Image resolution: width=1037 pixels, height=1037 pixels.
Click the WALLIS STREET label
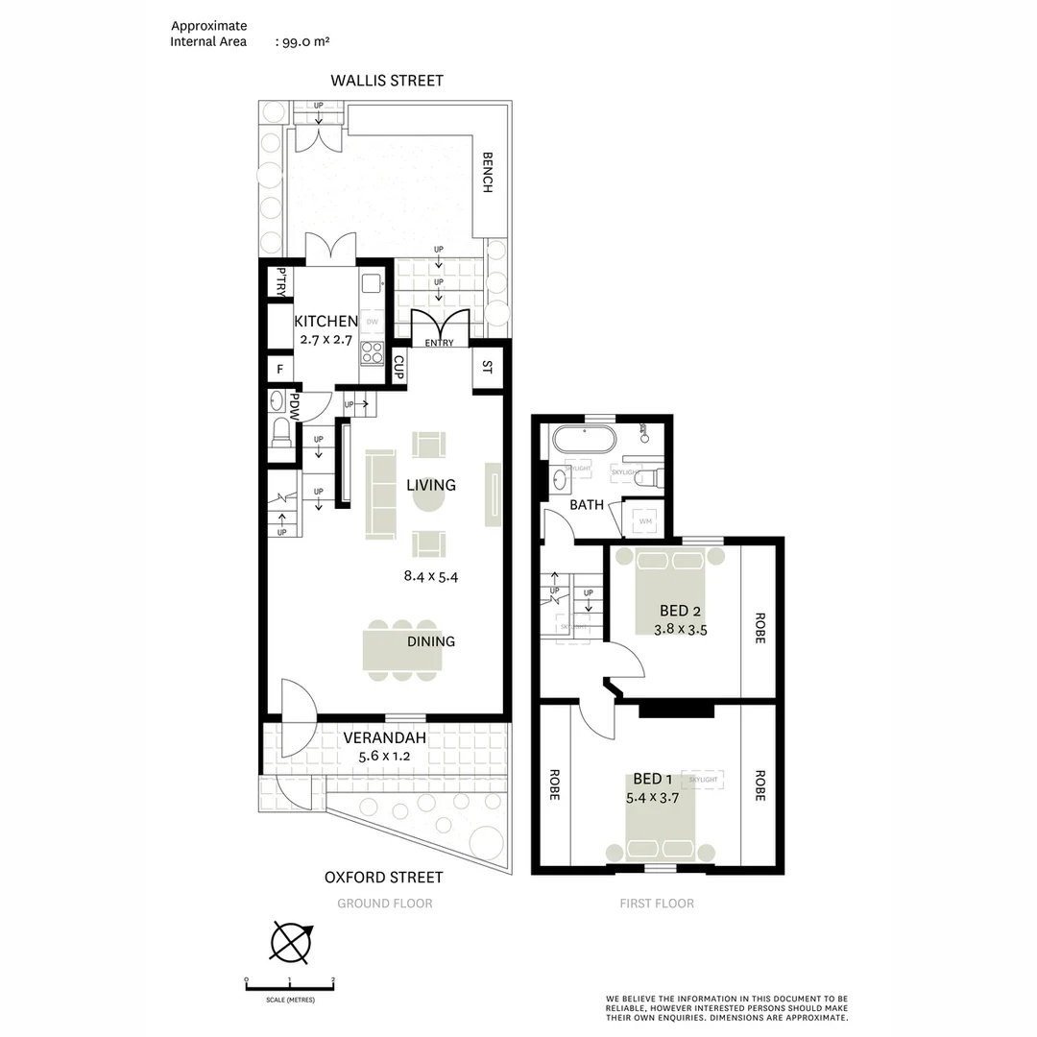coord(387,81)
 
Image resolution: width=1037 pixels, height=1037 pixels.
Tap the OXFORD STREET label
coord(383,877)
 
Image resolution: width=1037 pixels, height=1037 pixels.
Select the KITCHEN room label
coord(326,322)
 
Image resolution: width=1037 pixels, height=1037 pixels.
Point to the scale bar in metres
coord(290,983)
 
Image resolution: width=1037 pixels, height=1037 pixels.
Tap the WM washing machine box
coord(644,520)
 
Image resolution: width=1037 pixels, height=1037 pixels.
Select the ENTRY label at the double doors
coord(439,343)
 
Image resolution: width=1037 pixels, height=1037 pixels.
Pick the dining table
coord(402,649)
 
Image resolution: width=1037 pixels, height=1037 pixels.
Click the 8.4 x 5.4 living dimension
coord(431,577)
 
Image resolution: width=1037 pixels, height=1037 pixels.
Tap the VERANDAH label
coord(384,737)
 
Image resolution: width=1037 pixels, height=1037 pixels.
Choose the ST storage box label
coord(487,367)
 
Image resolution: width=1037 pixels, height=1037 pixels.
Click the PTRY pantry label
coord(280,281)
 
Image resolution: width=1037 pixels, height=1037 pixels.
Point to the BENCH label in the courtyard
coord(487,173)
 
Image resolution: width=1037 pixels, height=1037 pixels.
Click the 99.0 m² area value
coord(303,41)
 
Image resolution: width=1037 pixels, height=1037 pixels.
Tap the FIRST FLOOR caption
coord(657,904)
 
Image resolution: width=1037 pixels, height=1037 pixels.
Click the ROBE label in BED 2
coord(760,627)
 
